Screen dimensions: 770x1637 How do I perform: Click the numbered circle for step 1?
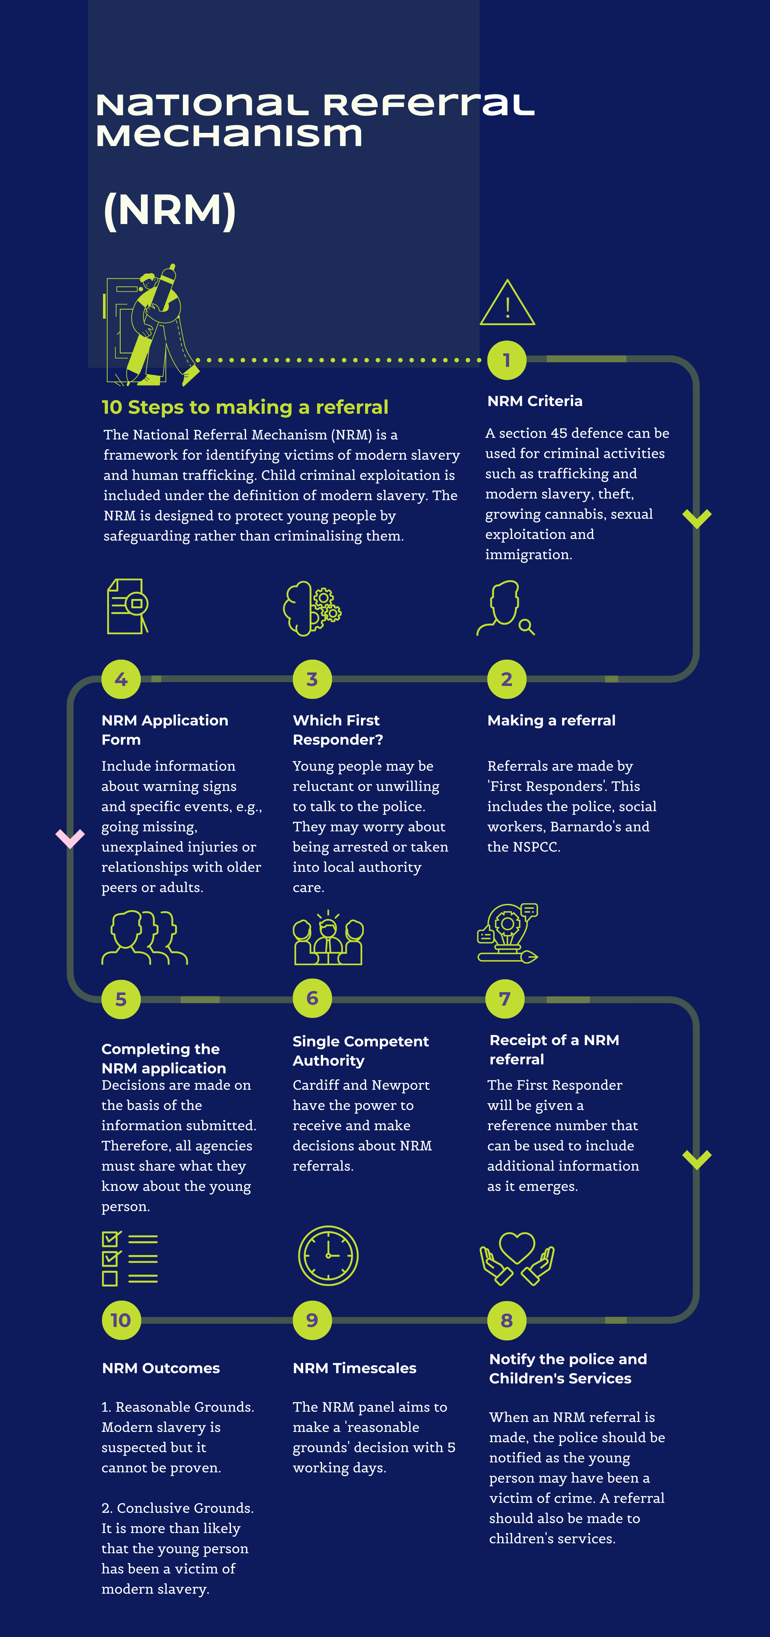point(506,360)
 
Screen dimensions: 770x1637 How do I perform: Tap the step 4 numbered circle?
point(121,679)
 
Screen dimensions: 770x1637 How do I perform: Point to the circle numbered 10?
point(121,1320)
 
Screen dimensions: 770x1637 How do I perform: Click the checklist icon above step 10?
point(130,1259)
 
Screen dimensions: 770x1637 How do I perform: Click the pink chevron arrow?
point(70,838)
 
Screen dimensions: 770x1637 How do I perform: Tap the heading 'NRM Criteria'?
point(535,401)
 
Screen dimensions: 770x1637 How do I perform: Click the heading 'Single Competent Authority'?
point(360,1051)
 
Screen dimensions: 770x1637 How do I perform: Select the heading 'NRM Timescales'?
point(355,1368)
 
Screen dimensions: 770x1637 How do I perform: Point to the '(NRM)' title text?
point(170,210)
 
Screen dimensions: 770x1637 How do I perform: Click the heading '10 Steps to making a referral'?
point(245,407)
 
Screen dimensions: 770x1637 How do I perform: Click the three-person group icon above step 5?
point(145,938)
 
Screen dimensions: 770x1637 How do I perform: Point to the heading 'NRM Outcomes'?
point(161,1368)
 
